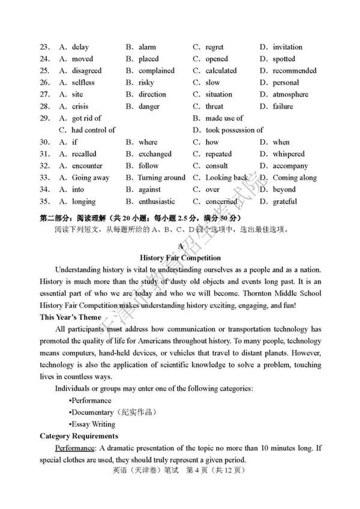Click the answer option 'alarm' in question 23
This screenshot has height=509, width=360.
click(x=147, y=47)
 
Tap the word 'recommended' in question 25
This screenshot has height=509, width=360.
click(x=295, y=71)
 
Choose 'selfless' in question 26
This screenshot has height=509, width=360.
click(x=83, y=83)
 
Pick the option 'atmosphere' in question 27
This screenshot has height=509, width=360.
click(x=290, y=94)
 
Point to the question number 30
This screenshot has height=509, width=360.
click(x=44, y=142)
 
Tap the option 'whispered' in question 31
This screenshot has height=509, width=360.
click(x=289, y=154)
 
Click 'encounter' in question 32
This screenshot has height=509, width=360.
click(x=87, y=166)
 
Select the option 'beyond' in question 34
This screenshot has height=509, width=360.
click(x=284, y=190)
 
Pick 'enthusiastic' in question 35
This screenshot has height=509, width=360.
click(x=157, y=202)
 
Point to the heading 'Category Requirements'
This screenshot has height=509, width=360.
click(x=79, y=436)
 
